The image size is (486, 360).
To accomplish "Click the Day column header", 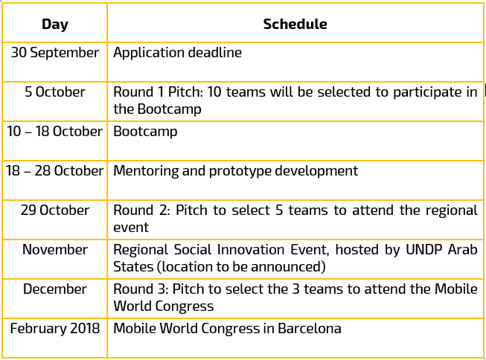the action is click(55, 24).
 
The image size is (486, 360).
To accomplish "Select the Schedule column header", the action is click(295, 24).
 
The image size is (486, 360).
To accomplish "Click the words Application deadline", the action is click(177, 52).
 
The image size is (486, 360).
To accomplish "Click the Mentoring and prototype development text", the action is click(236, 171).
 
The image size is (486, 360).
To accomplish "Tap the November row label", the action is click(55, 249).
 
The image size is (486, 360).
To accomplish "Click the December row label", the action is click(55, 289).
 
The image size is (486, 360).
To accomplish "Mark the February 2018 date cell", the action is click(55, 328).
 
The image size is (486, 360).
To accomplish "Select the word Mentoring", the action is click(146, 171).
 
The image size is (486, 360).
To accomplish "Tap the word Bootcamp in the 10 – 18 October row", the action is click(145, 132).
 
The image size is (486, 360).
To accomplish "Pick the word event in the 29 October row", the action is click(131, 228).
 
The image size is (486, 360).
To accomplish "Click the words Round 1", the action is click(138, 91).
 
